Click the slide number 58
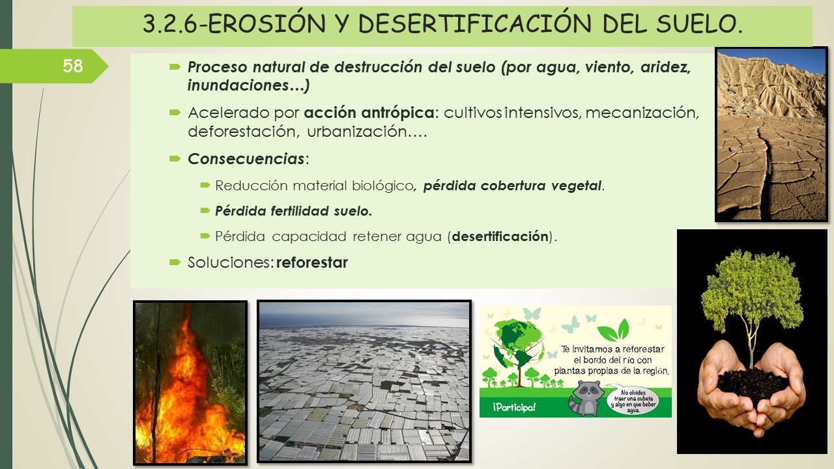(x=72, y=66)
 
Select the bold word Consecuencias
(x=246, y=159)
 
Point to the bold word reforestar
(x=312, y=263)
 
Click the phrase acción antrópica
(x=369, y=113)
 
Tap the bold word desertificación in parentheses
(x=500, y=236)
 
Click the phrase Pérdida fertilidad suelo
(x=293, y=211)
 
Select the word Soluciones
(x=228, y=263)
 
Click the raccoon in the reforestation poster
(x=585, y=397)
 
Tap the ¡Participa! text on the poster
(x=514, y=407)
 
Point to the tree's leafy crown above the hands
(x=752, y=291)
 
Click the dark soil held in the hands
(x=752, y=384)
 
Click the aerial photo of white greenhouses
(x=364, y=381)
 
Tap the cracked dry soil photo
(x=771, y=134)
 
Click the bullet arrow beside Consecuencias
(x=175, y=159)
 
